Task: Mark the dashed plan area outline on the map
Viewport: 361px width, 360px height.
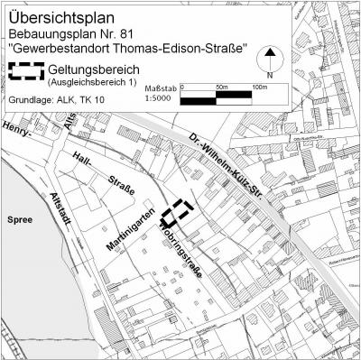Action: (178, 210)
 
